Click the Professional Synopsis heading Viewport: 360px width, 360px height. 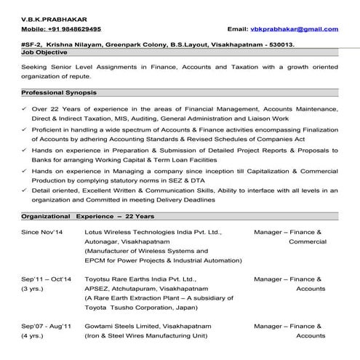pos(60,93)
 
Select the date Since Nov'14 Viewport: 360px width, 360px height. pos(42,232)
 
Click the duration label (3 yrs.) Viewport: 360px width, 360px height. pos(35,288)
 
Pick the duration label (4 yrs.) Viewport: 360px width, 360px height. pos(35,335)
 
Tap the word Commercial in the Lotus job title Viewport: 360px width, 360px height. pos(307,241)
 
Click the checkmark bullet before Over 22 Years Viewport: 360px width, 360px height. pos(25,108)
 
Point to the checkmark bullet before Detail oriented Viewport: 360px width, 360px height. pos(25,190)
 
